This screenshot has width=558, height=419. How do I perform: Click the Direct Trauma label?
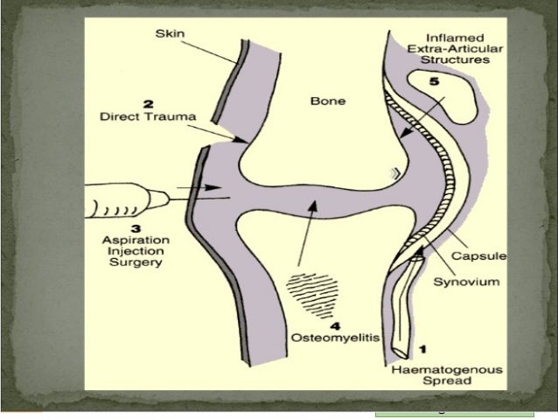(x=148, y=115)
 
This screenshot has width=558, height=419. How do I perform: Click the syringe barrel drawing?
(x=122, y=206)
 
